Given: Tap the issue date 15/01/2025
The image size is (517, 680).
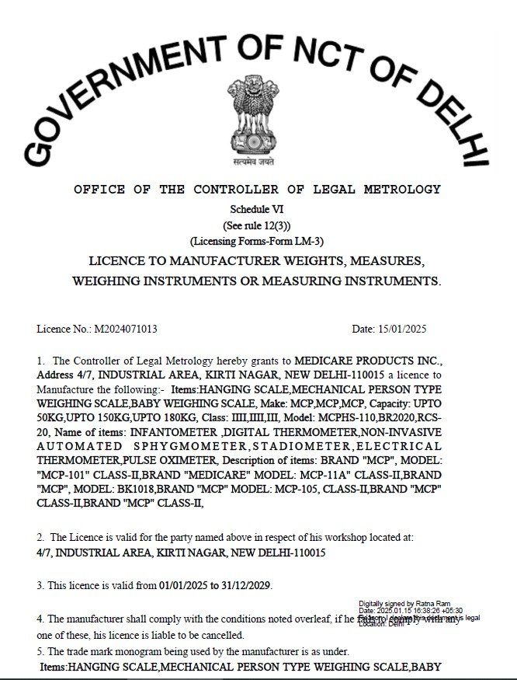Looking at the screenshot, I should coord(401,330).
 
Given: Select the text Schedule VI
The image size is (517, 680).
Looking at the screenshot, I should coord(258,211).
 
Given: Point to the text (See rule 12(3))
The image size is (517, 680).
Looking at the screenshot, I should coord(258,225).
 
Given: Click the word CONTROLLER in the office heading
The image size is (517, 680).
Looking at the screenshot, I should coord(241,190).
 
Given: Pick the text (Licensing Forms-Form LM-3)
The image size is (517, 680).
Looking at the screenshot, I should coord(258,241).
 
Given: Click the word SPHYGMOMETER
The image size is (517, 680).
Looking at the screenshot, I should coord(206,447).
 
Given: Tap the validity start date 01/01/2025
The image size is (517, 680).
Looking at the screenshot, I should coord(186,584).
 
